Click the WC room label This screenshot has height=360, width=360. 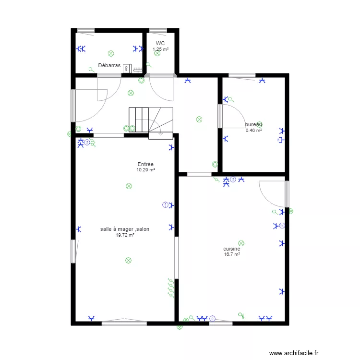coord(160,43)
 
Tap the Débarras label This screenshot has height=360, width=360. coord(109,65)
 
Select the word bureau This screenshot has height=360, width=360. coord(253,124)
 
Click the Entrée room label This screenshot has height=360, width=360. coord(145,164)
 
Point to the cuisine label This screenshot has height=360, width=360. coord(231,249)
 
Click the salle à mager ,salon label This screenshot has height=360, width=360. coord(125,229)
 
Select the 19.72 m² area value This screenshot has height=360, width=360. coord(125,235)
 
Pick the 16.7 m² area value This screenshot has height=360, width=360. coord(231,254)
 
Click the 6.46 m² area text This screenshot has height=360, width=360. coord(253,130)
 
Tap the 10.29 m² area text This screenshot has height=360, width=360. coord(145,169)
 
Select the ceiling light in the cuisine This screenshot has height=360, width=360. coord(241,244)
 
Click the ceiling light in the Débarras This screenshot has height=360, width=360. coord(111,53)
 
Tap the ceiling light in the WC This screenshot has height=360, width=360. coord(157,53)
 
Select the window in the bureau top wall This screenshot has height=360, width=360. coord(242,75)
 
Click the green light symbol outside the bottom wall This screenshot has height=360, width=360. coord(180,327)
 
